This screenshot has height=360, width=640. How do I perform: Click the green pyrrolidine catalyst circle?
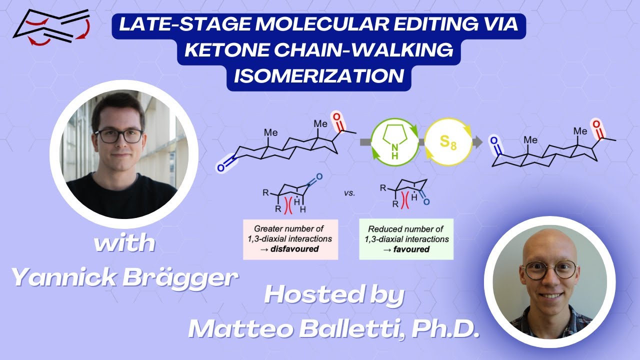(x=395, y=142)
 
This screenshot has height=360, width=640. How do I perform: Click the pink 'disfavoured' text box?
(x=290, y=239)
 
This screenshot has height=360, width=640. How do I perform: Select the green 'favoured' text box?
(x=406, y=239)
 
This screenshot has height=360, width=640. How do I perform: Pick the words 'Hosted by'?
(x=334, y=295)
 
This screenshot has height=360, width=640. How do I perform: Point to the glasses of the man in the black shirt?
(x=119, y=135)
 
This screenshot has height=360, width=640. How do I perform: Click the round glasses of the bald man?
(x=549, y=270)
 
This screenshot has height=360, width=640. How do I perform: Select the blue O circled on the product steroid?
(x=494, y=141)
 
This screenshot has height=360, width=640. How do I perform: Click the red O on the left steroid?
(x=337, y=118)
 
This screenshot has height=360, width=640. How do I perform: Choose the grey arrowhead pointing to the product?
(x=479, y=142)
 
